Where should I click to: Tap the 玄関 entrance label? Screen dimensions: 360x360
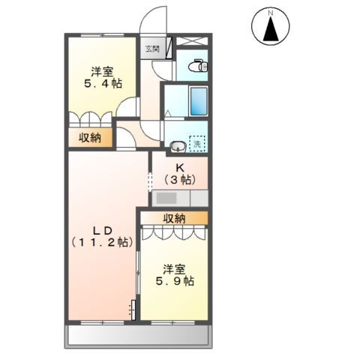click(x=151, y=49)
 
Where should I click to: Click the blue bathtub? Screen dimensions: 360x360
click(x=198, y=100)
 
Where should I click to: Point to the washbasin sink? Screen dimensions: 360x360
click(x=178, y=145)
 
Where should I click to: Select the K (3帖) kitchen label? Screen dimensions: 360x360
click(x=180, y=173)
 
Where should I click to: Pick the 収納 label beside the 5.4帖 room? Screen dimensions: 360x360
click(x=90, y=137)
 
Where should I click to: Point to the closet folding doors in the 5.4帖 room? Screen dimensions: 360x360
click(x=90, y=120)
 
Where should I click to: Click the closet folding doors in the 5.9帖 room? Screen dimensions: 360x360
click(x=173, y=232)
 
